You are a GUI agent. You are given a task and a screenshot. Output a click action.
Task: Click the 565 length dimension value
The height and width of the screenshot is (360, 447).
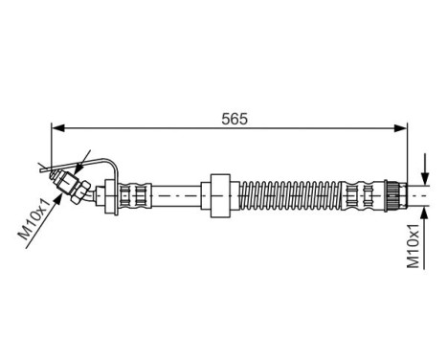coord(234,120)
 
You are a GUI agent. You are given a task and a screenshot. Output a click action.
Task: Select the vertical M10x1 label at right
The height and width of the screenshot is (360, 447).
coord(413,246)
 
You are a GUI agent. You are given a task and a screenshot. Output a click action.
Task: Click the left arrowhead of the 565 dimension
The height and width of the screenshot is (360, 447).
coord(56,128)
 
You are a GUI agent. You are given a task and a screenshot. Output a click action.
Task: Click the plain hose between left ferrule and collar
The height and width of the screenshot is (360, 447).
coord(177,194)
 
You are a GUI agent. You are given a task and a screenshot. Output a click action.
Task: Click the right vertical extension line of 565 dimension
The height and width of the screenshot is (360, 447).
coord(408,153)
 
